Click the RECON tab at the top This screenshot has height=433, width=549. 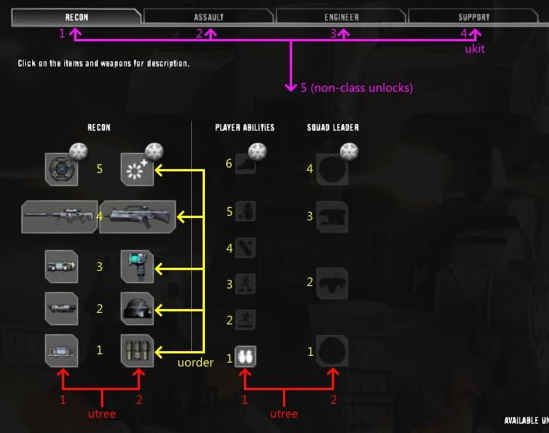[x=76, y=16]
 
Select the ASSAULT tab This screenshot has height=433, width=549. [x=209, y=16]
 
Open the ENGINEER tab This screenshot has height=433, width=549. [x=341, y=16]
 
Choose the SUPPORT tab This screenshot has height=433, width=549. [x=473, y=16]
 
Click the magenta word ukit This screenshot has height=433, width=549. [x=475, y=48]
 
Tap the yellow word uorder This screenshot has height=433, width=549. [x=195, y=363]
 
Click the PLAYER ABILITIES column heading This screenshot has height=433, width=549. [x=245, y=128]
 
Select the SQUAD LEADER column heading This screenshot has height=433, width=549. [x=333, y=128]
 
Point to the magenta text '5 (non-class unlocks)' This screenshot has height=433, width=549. [x=356, y=88]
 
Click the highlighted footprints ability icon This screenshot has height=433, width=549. [x=245, y=356]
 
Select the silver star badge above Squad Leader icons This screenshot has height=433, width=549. [x=349, y=151]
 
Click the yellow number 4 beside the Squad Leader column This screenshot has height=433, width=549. [x=310, y=168]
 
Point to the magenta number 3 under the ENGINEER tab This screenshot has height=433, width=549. [x=333, y=34]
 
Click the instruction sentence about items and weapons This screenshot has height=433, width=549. [x=104, y=63]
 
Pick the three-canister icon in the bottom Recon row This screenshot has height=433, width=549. [x=138, y=352]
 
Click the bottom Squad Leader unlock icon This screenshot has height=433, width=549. [x=332, y=351]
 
